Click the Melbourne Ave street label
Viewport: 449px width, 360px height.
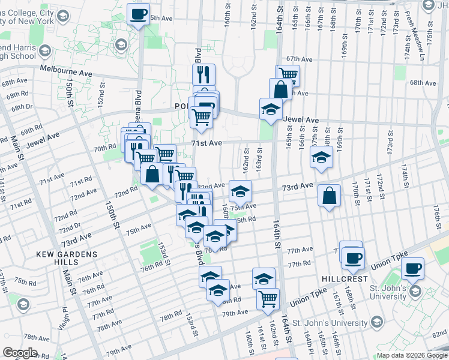click(x=66, y=70)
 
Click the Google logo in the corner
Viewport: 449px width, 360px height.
click(x=21, y=353)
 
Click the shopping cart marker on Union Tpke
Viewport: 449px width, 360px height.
click(x=268, y=298)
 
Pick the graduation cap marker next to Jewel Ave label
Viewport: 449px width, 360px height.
click(x=271, y=109)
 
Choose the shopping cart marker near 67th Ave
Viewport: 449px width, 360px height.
click(x=288, y=75)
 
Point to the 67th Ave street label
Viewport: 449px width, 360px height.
click(x=300, y=59)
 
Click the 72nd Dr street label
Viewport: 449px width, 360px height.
click(x=70, y=229)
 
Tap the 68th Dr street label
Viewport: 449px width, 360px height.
click(x=21, y=107)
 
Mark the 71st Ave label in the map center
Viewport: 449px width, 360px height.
click(x=207, y=143)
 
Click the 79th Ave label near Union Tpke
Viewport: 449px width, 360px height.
click(x=235, y=313)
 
